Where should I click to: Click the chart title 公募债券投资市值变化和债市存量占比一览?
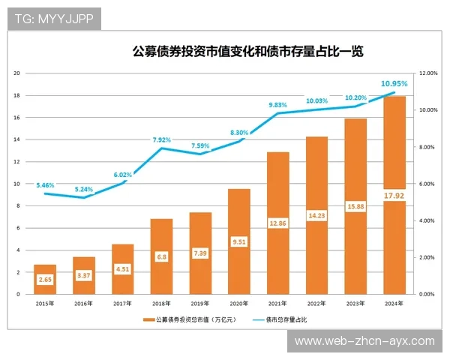[x=247, y=52]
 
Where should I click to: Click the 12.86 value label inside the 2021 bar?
[x=277, y=223]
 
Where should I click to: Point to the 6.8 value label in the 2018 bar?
[x=161, y=256]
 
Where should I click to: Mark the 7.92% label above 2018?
[x=161, y=139]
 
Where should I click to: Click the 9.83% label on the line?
[x=277, y=105]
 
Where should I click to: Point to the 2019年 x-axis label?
[x=199, y=304]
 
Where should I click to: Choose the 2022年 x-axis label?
[x=316, y=304]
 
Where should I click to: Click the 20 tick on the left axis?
[x=16, y=73]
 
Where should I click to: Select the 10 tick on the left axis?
[x=16, y=184]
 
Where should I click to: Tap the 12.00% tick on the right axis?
[x=427, y=73]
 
